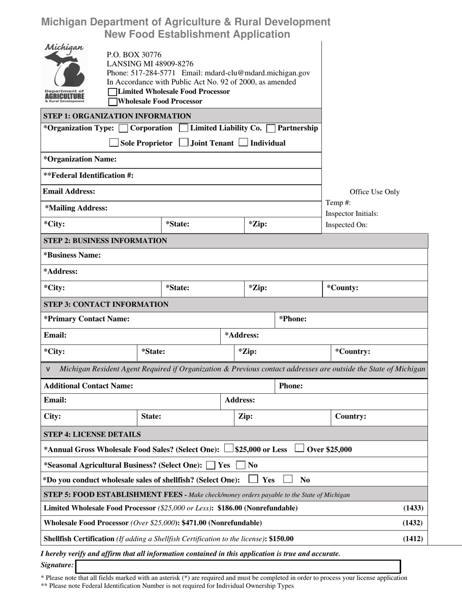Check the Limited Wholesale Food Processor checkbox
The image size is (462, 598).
click(x=112, y=92)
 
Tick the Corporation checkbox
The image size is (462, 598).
click(x=124, y=128)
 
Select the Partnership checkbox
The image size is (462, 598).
click(x=271, y=128)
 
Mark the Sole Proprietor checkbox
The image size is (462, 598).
click(x=114, y=143)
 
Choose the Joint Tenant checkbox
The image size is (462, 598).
click(x=184, y=143)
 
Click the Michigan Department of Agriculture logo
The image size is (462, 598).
click(x=64, y=73)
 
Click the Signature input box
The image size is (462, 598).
click(x=238, y=566)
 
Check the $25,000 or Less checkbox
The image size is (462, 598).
click(x=229, y=449)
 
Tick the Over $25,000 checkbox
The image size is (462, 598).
click(x=300, y=449)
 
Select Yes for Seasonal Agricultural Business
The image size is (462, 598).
click(x=211, y=465)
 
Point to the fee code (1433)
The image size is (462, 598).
click(x=413, y=508)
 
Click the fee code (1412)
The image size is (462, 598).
click(x=413, y=538)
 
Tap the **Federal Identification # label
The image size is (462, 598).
click(x=89, y=176)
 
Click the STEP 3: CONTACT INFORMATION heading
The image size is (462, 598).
click(x=106, y=304)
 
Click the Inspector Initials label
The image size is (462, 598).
click(x=352, y=213)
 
